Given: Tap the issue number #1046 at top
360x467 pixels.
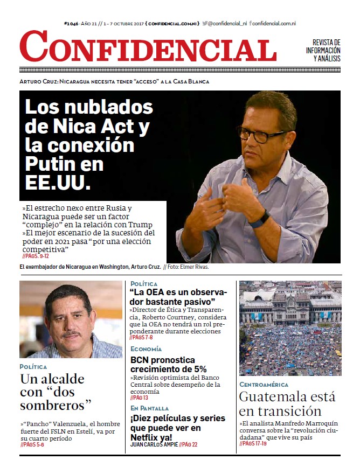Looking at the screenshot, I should (71, 24).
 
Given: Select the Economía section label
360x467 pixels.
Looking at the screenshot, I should (146, 349).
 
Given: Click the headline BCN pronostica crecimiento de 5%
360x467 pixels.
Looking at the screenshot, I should (169, 365).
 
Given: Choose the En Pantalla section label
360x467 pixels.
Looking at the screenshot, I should (149, 408).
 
